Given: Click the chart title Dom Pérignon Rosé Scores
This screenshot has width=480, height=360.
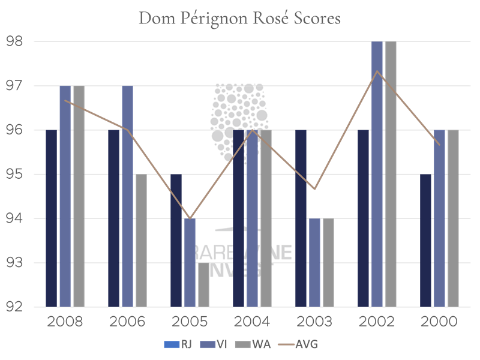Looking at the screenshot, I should (239, 18).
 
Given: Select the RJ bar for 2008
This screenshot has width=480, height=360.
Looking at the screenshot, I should (51, 218).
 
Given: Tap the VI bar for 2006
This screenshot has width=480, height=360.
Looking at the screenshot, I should (127, 196).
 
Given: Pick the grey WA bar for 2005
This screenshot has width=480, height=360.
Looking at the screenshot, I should (204, 284).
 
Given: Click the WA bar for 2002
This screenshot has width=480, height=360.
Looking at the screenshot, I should (391, 174).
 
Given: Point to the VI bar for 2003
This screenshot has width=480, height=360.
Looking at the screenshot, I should (314, 263).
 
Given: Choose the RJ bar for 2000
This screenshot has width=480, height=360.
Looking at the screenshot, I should (425, 241).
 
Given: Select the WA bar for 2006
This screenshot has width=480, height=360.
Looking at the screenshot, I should (141, 241).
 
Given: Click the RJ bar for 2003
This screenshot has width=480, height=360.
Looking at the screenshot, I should (301, 218).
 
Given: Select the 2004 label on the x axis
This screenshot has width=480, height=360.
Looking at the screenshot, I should (252, 322).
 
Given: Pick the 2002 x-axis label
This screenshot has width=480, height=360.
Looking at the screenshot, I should (377, 322).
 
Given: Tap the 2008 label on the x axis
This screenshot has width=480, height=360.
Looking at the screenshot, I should (65, 322).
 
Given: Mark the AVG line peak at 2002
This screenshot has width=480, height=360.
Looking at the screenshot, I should (377, 71).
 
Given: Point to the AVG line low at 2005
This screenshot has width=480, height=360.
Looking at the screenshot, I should (190, 218).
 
